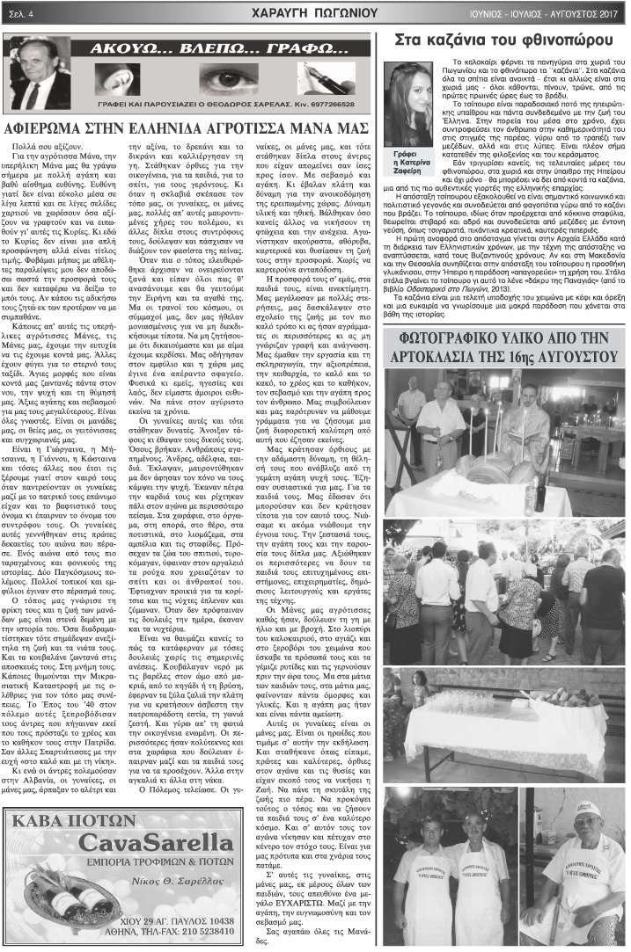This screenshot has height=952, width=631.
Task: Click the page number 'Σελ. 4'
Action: click(x=19, y=12)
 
